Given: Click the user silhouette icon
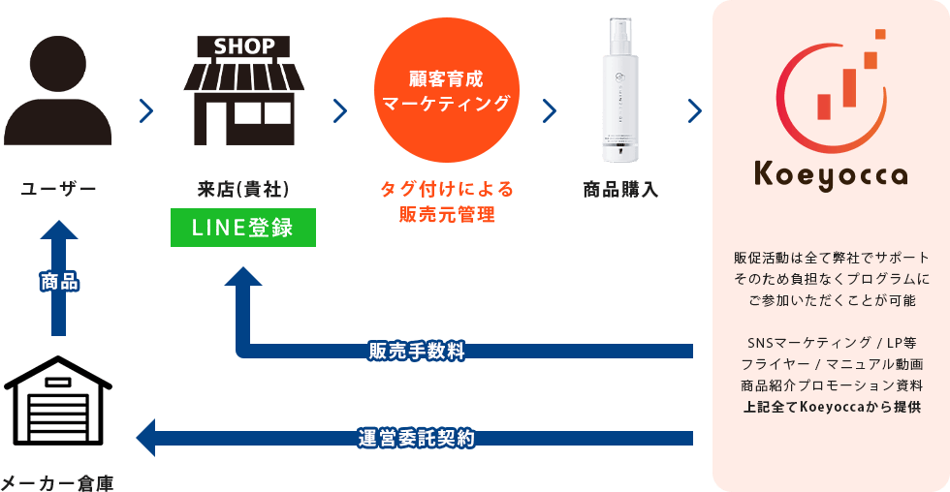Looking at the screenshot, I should pos(57,92).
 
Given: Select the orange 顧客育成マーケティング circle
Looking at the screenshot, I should pos(447,92).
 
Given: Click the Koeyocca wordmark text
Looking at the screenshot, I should pos(832,175).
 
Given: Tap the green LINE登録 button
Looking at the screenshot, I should pos(243,228).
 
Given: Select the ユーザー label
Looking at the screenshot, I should pos(58,189).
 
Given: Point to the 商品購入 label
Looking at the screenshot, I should pos(620,189).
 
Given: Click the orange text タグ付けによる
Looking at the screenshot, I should pos(446,189).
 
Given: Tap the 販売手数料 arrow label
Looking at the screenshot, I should pos(416,351).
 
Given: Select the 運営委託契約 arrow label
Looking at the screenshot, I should pos(416,438).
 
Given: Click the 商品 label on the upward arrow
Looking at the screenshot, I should pos(59,282).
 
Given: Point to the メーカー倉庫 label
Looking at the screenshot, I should pos(58,481).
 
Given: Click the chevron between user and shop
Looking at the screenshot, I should pos(146,111).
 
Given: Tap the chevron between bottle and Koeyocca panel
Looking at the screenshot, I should pos(694,111).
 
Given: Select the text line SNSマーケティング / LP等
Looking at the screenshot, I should pos(832,343).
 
